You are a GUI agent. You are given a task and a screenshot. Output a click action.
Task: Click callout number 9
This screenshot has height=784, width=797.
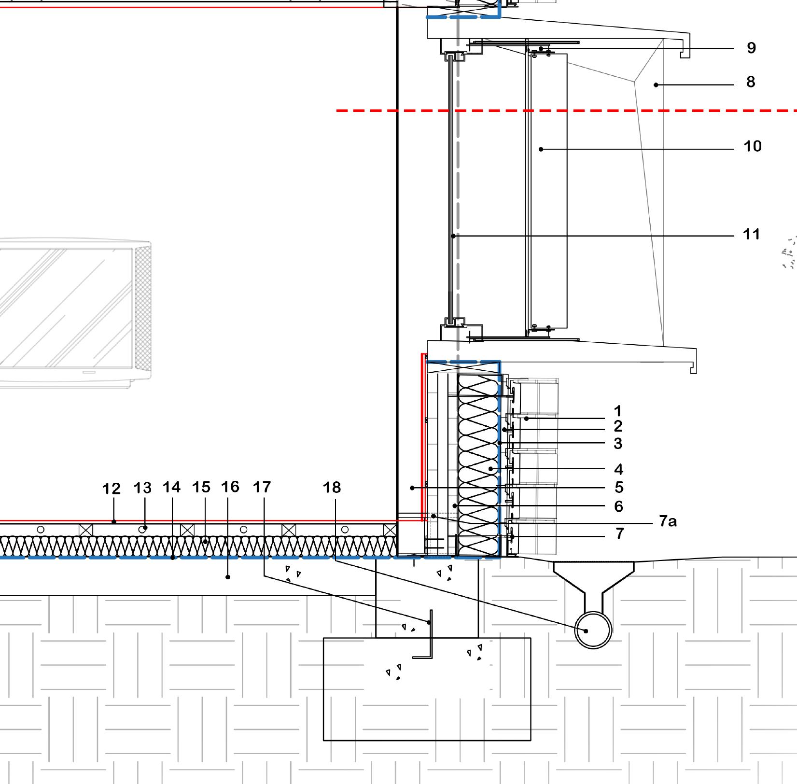751,48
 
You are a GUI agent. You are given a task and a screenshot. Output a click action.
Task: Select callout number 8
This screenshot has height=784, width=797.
750,82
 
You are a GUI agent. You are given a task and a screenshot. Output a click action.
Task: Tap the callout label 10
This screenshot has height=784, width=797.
753,146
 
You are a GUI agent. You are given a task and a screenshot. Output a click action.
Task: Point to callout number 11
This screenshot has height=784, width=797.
751,234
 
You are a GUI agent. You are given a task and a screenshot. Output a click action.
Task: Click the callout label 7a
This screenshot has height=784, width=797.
668,521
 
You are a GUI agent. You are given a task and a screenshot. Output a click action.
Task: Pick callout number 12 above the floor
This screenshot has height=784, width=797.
111,489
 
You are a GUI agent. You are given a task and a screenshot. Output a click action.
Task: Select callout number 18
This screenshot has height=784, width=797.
332,488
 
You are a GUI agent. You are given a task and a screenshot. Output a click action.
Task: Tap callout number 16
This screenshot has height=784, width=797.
230,487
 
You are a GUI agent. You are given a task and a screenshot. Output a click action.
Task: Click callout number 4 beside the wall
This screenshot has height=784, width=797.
618,469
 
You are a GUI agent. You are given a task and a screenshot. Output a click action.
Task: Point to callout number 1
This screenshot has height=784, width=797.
617,411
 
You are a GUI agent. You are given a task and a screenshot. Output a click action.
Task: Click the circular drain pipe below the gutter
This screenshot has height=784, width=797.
593,630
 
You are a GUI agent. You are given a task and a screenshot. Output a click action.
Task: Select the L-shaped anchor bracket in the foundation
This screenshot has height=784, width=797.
427,637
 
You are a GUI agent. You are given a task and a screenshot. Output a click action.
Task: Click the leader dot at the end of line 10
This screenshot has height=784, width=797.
541,149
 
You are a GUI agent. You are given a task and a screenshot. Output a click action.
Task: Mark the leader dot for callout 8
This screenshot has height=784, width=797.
656,85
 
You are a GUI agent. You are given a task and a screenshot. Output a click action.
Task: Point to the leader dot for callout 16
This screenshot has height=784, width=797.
228,577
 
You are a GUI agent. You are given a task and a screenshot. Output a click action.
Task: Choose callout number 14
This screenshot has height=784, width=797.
171,487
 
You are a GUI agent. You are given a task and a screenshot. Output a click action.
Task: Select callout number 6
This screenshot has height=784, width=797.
618,506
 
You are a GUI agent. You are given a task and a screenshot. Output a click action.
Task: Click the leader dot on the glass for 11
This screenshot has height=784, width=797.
453,236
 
